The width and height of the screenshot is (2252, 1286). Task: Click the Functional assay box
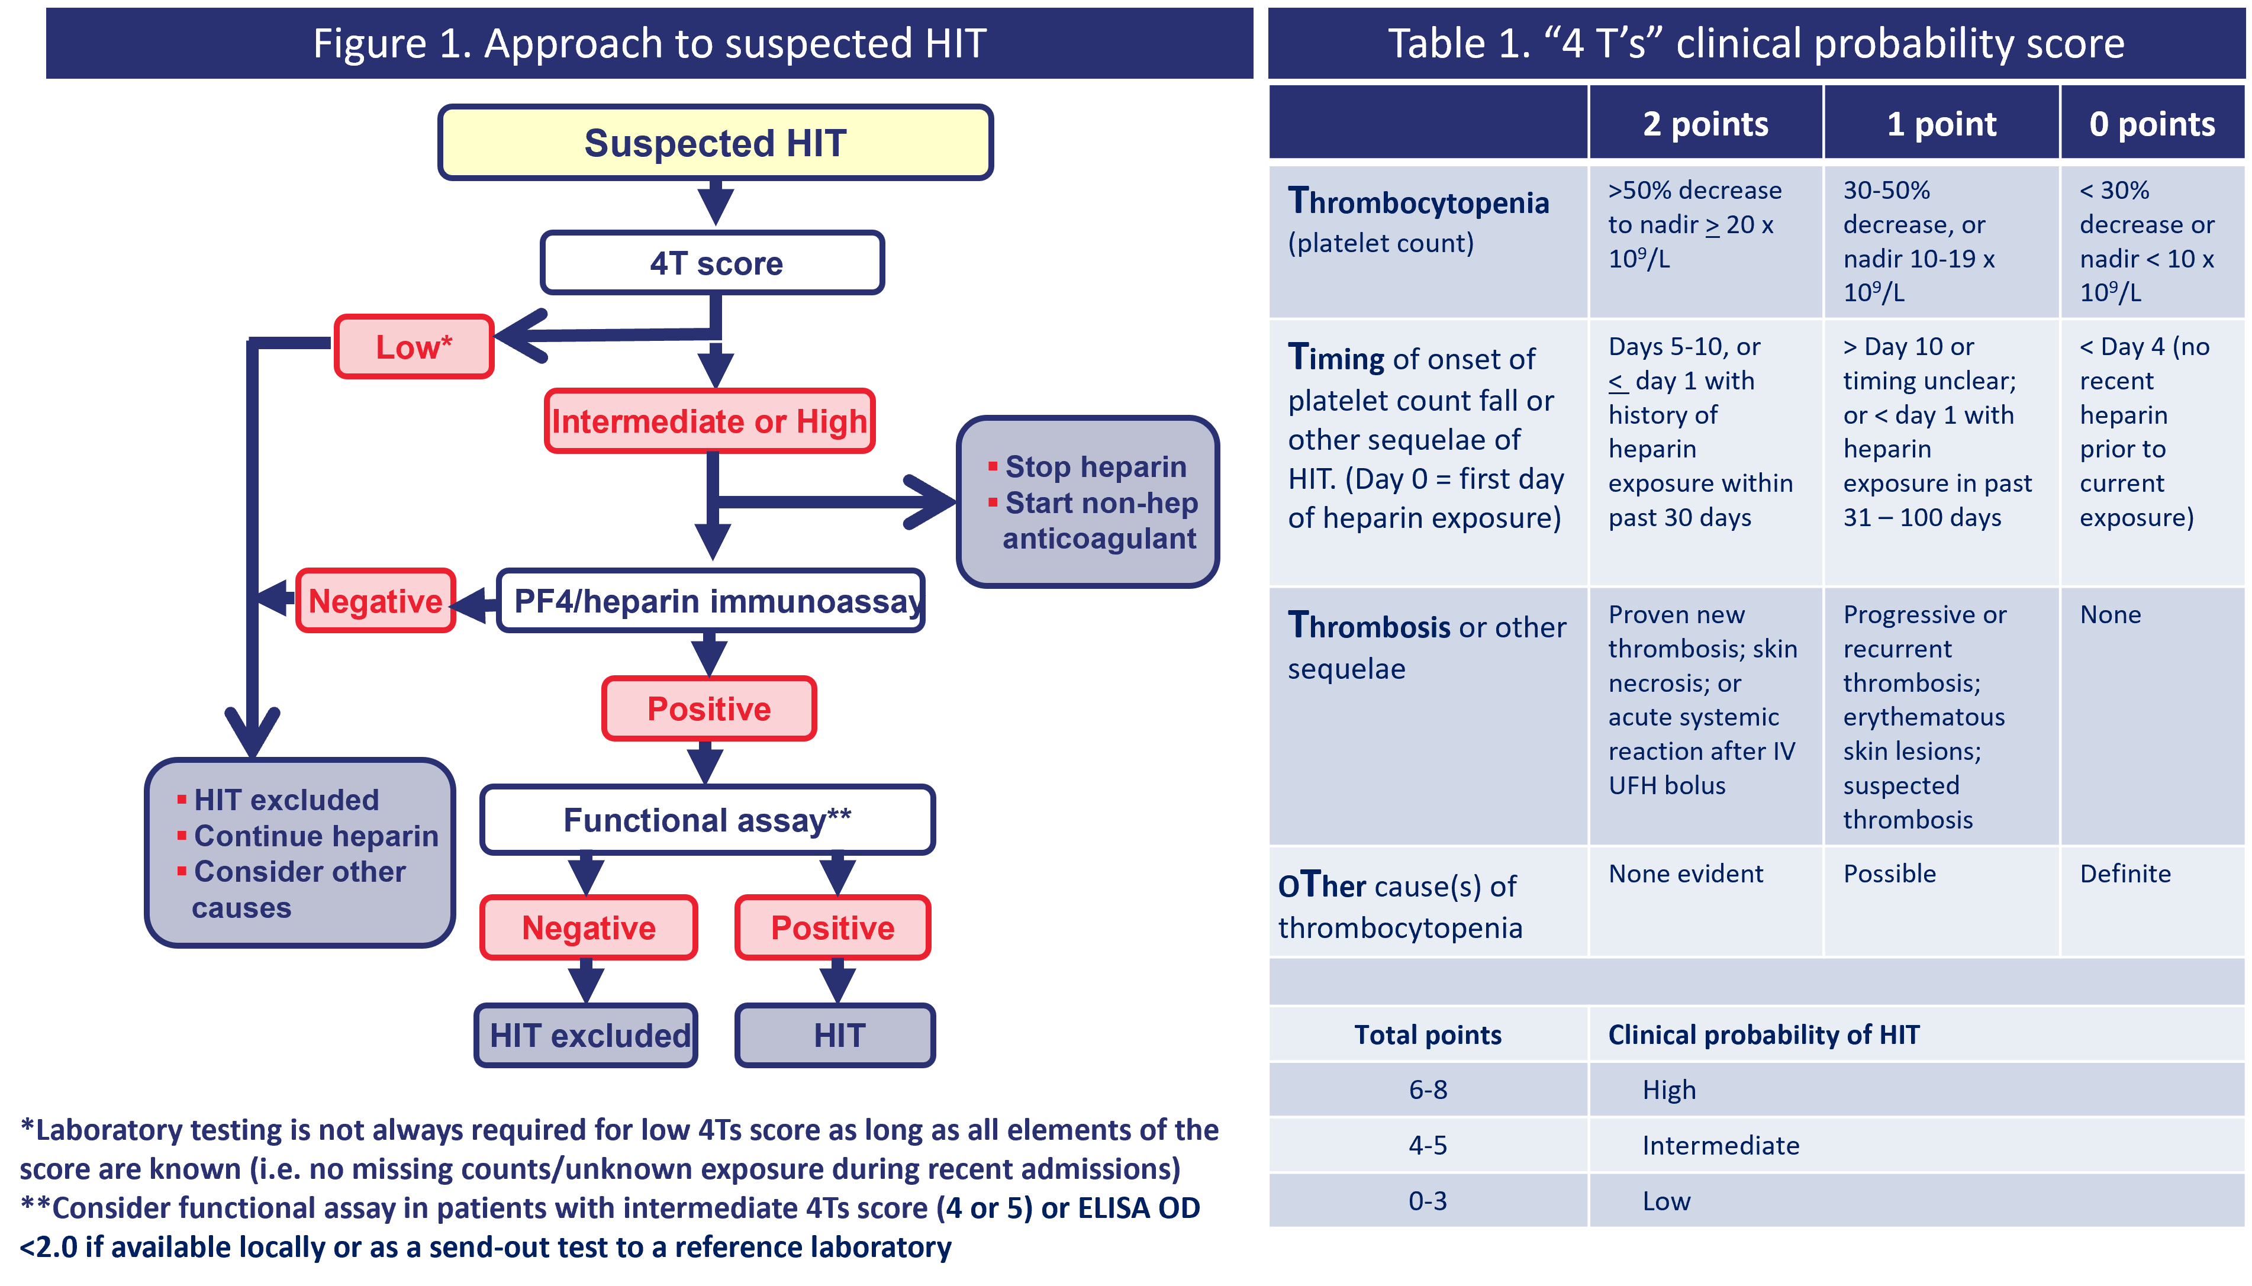point(707,820)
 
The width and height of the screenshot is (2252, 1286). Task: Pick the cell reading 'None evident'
point(1685,874)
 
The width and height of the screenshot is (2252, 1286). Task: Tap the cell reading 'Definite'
point(2125,874)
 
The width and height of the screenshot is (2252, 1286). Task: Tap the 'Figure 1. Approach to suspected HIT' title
point(649,43)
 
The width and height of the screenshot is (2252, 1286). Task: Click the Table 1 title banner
point(1755,43)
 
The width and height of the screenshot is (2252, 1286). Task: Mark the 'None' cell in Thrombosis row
point(2111,615)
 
